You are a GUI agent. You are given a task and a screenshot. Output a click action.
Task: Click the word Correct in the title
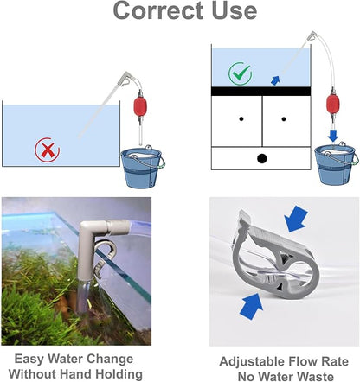click(x=152, y=11)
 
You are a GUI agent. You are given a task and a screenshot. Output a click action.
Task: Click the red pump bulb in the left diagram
click(x=142, y=110)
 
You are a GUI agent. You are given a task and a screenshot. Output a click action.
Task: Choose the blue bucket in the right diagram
click(x=334, y=163)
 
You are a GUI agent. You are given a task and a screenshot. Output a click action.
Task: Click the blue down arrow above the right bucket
click(x=331, y=134)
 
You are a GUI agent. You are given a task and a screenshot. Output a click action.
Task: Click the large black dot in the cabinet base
click(x=261, y=158)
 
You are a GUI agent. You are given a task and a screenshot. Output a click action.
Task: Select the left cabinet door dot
click(x=239, y=118)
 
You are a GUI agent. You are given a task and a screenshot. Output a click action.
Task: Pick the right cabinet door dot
click(x=284, y=118)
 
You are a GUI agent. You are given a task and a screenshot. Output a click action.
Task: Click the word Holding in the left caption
click(x=116, y=374)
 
